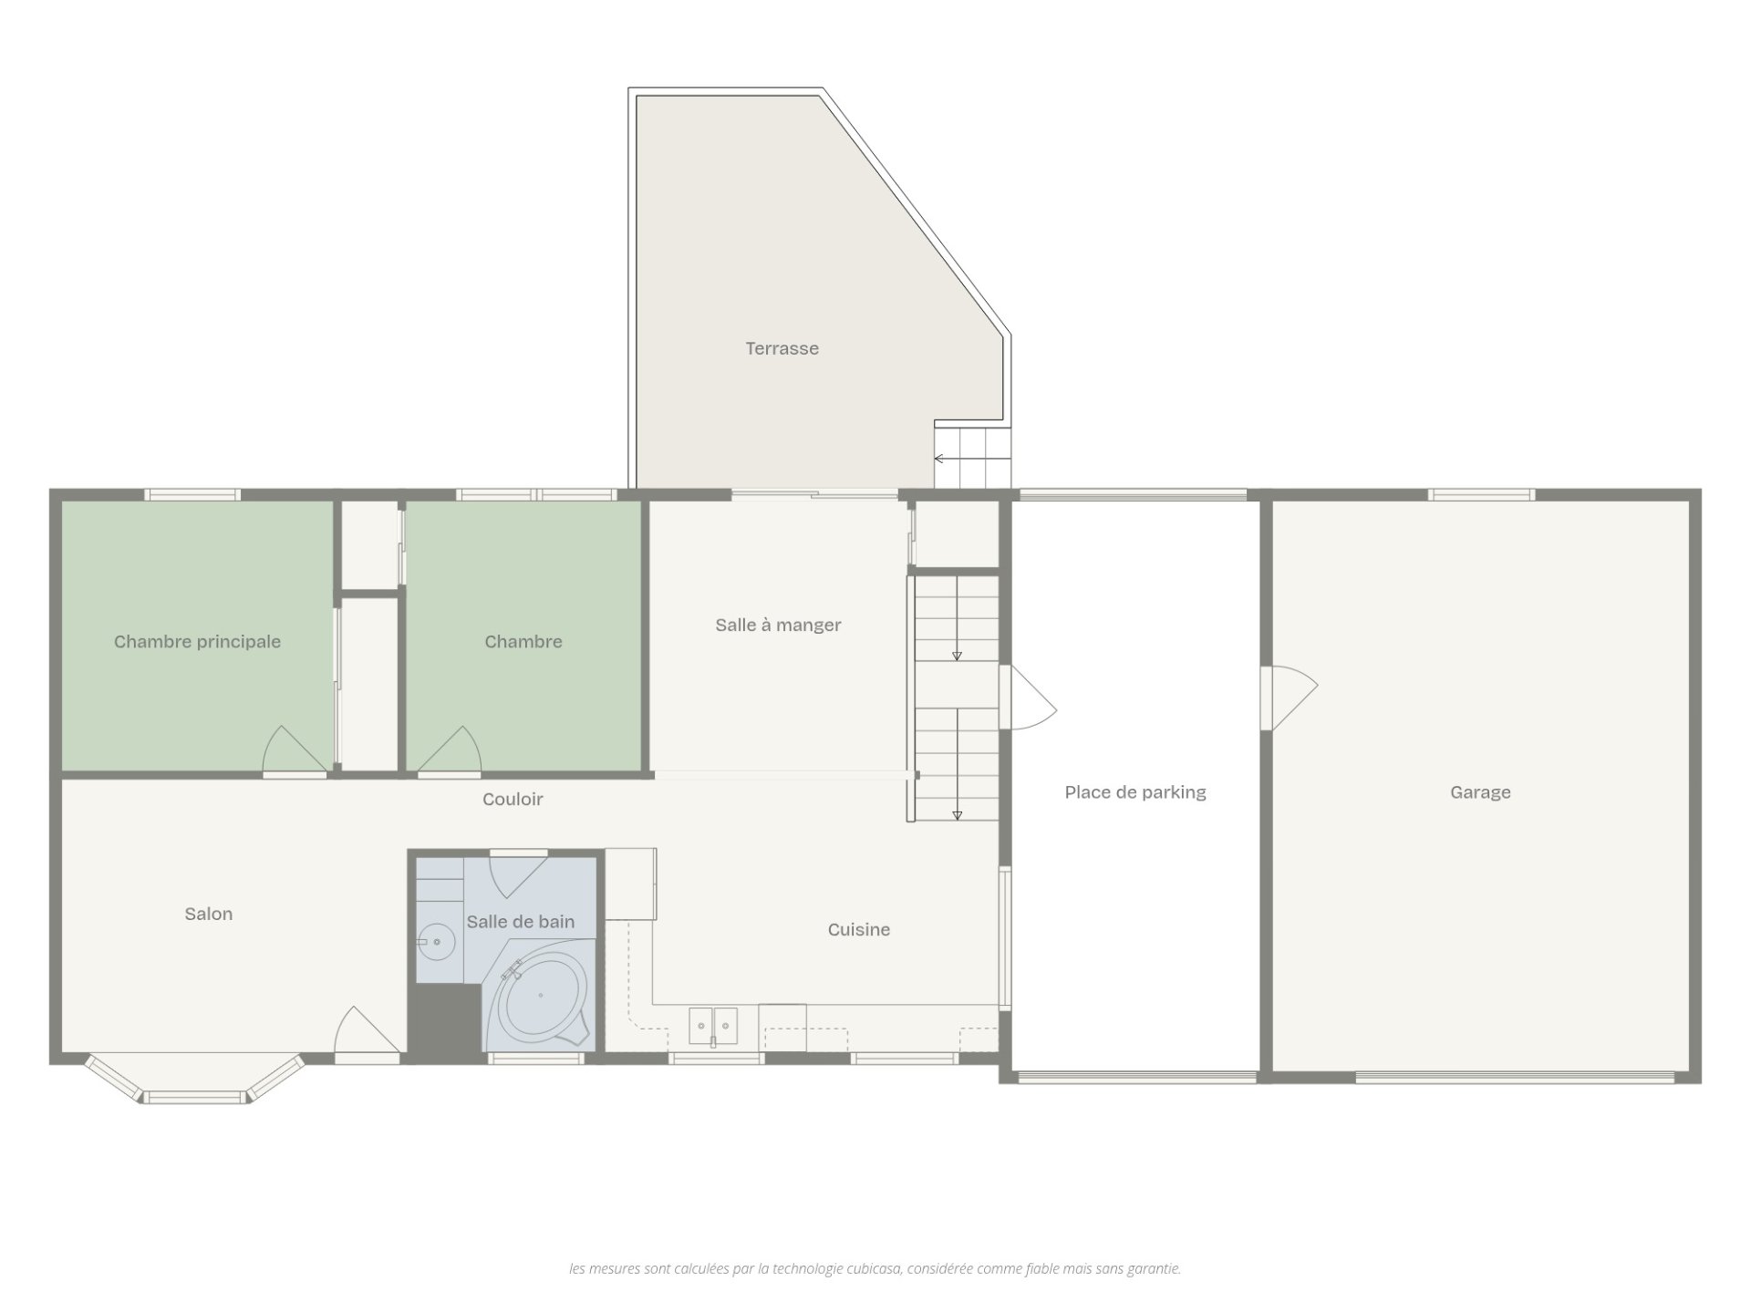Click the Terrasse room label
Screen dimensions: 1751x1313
point(782,348)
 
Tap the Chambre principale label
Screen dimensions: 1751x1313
point(197,642)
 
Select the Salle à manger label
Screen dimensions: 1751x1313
point(778,625)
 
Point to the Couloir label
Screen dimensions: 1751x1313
point(513,800)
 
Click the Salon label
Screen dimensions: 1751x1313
point(209,915)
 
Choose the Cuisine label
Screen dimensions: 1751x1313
point(859,930)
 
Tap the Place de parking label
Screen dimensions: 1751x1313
point(1135,792)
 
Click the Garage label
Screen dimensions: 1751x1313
point(1480,792)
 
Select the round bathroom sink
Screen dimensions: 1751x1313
point(437,941)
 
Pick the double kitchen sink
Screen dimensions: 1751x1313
point(713,1026)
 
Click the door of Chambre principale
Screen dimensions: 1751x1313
point(295,751)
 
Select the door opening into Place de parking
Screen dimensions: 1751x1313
point(1028,698)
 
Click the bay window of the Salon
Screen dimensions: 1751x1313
point(195,1082)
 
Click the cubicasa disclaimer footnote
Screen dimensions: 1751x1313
point(875,1268)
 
